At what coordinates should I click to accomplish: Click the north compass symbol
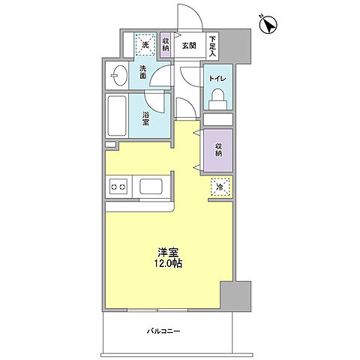tap(268, 25)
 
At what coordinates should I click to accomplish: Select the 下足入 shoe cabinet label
tap(213, 47)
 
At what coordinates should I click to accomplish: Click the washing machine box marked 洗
tap(145, 46)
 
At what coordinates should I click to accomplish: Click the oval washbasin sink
tap(117, 75)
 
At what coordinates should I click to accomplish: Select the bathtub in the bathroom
tap(116, 115)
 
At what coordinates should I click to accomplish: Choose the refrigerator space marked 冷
tap(220, 187)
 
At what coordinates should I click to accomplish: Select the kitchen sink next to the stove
tap(150, 187)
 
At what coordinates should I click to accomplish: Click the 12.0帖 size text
tap(167, 265)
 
